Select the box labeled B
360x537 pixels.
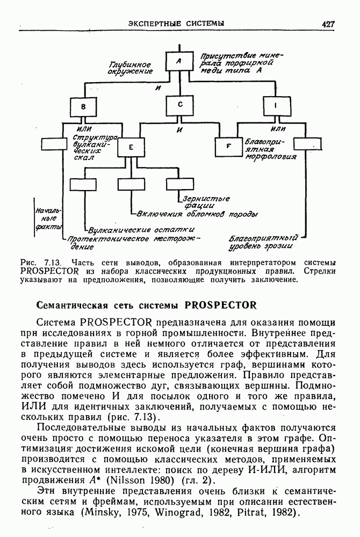pyautogui.click(x=83, y=107)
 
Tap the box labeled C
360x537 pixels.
pyautogui.click(x=179, y=105)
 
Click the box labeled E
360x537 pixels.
pyautogui.click(x=131, y=147)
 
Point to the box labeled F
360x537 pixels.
pyautogui.click(x=228, y=147)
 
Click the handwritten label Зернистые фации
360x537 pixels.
pyautogui.click(x=206, y=202)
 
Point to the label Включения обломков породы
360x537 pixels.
pyautogui.click(x=196, y=214)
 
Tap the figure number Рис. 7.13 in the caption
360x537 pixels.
pyautogui.click(x=38, y=263)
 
